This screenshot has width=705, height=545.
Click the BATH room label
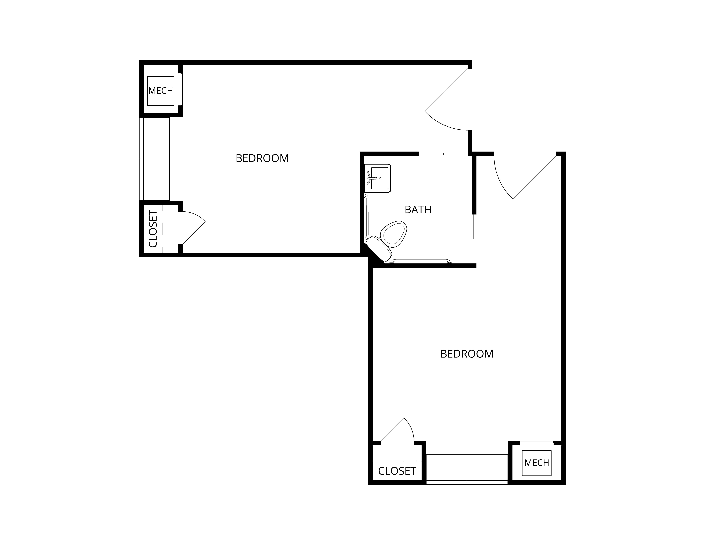[418, 210]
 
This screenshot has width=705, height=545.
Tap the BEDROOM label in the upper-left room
[262, 158]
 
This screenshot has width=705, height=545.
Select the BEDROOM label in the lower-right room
[467, 354]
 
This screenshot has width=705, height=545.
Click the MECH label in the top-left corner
[161, 91]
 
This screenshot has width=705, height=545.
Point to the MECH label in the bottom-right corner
[537, 463]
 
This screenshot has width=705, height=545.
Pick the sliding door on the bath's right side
[474, 227]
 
